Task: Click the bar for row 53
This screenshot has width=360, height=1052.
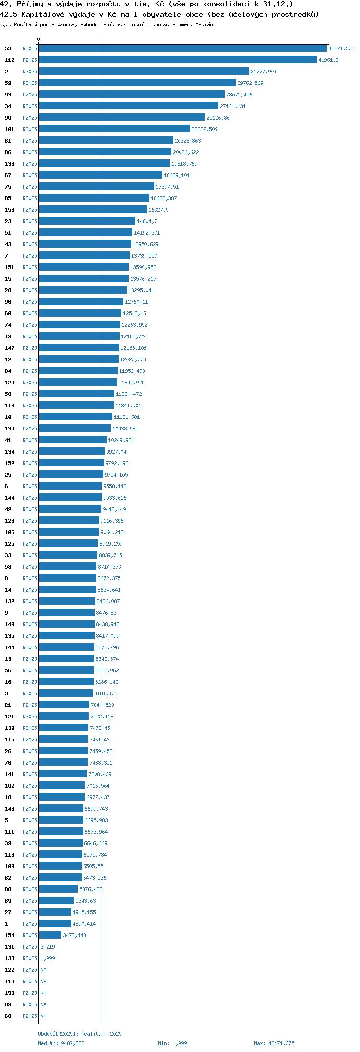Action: click(183, 48)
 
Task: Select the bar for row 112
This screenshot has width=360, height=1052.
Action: click(178, 60)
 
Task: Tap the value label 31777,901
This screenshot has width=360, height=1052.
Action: click(264, 72)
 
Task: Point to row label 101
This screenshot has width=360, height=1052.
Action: click(10, 129)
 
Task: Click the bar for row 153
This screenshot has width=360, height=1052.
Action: click(93, 210)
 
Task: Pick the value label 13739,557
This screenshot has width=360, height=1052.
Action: click(144, 256)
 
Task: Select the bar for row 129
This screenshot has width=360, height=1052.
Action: click(78, 383)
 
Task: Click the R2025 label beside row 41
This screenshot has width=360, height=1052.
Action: click(30, 440)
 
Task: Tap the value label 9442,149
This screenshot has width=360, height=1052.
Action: click(114, 509)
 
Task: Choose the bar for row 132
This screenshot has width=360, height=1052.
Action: click(67, 601)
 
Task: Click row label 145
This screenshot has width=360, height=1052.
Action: click(10, 647)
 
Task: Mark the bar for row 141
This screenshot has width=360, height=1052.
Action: click(63, 774)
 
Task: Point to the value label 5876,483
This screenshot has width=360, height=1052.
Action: click(91, 889)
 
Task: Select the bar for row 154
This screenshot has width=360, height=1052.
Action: click(50, 935)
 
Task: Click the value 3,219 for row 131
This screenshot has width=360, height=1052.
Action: click(48, 947)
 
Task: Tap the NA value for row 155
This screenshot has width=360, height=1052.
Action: click(43, 993)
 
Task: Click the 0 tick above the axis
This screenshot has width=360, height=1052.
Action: click(39, 39)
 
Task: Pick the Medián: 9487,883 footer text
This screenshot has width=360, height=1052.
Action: click(61, 1043)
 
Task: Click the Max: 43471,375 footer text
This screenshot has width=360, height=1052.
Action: click(274, 1043)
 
